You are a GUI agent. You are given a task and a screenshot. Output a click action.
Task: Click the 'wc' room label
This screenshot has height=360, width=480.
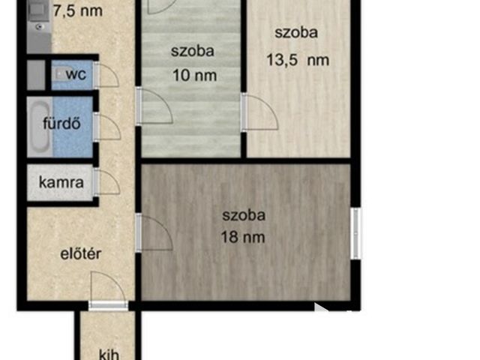point(75,75)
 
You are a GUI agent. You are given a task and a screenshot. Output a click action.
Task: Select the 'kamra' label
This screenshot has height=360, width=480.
point(61,182)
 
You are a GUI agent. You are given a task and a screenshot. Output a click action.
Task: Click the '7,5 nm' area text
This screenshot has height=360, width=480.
point(78,11)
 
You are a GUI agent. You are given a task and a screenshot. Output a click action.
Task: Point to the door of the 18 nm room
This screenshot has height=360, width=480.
point(154,232)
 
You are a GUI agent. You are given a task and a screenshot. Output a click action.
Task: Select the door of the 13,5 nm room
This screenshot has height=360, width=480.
point(259,112)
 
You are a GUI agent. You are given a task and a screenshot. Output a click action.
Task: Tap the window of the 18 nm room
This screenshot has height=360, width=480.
point(355,233)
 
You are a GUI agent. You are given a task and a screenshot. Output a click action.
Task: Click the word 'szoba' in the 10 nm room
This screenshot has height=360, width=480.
point(193,52)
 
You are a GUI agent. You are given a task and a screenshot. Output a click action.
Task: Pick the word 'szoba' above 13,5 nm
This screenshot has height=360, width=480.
point(296,32)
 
